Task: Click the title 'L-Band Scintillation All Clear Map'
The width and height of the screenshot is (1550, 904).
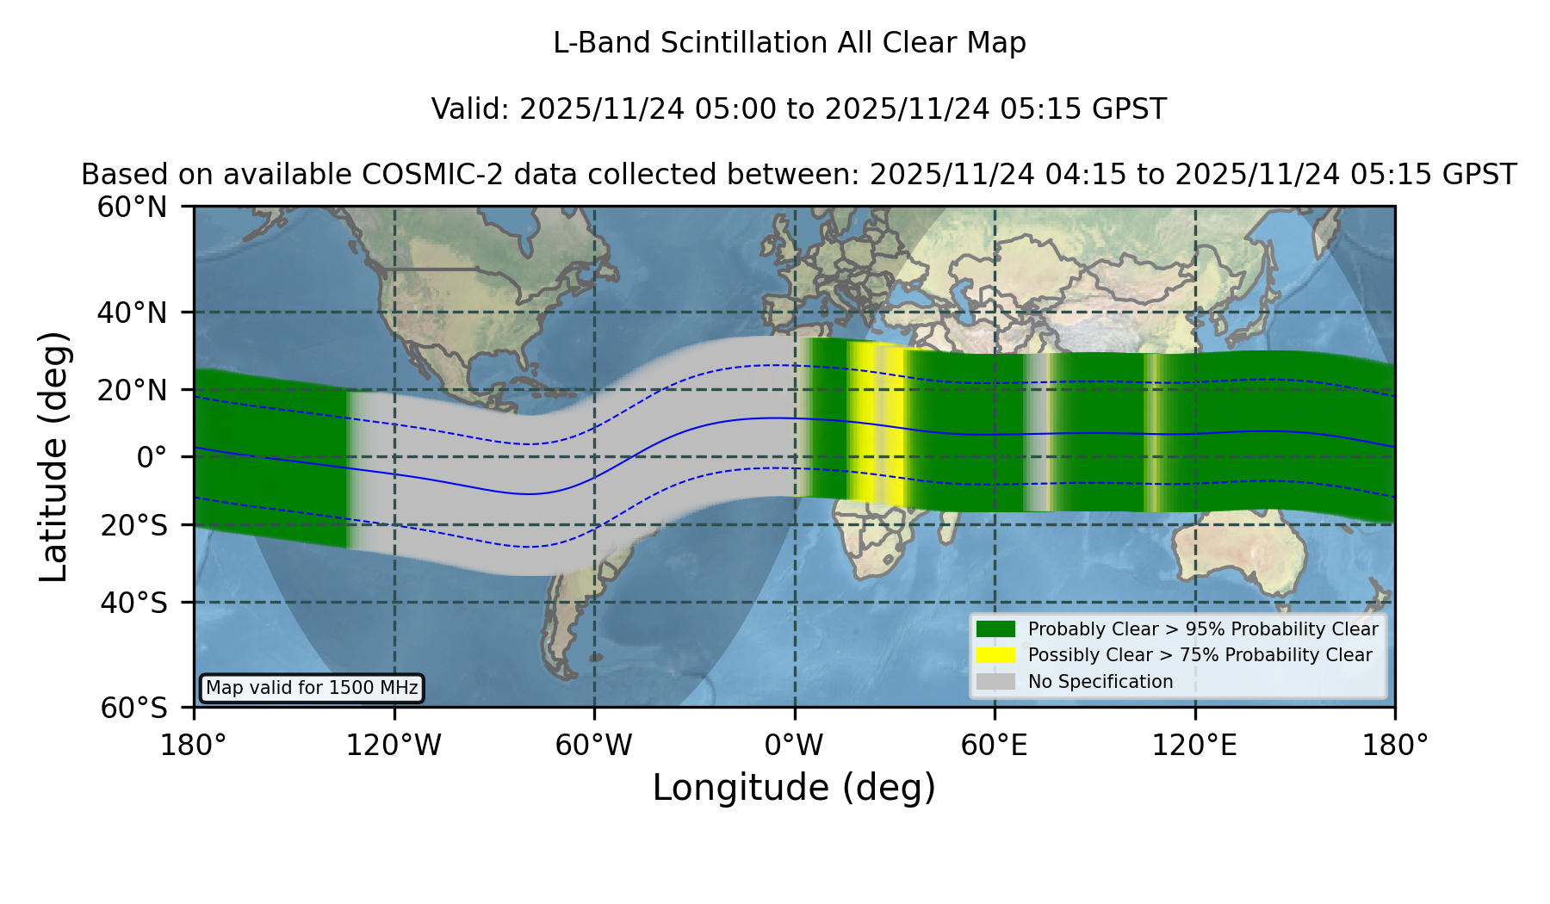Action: [790, 43]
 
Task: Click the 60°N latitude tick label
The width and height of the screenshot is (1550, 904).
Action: [133, 207]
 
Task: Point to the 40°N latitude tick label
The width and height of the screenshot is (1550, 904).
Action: [133, 313]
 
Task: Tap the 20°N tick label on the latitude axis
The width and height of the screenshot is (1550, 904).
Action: [133, 390]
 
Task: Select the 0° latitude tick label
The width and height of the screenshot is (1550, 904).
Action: [152, 456]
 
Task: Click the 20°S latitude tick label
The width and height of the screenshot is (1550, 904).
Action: [134, 524]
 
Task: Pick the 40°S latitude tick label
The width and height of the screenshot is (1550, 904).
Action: [134, 603]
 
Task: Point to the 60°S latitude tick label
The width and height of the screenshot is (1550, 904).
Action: [134, 708]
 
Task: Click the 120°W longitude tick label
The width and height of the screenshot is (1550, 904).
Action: [394, 745]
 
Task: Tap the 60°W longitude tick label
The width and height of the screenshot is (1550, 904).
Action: [594, 745]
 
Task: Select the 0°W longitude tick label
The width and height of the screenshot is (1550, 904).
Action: [794, 745]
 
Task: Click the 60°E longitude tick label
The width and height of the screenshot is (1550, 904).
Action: [995, 745]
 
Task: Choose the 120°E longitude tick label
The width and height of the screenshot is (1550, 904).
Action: [1194, 745]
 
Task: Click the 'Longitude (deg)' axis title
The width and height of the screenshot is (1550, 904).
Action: [794, 788]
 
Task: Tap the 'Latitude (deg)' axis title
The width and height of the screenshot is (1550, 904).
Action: [53, 456]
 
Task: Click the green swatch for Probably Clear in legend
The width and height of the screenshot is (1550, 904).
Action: [995, 628]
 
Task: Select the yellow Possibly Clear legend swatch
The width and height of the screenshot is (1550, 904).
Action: [995, 654]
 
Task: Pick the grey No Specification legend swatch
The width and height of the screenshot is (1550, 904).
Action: [995, 681]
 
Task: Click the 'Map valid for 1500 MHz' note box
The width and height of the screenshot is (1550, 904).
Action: [312, 688]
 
